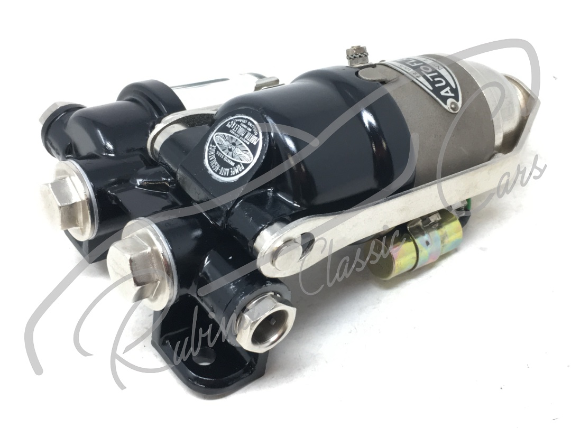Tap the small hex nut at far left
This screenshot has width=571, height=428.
(x=51, y=111)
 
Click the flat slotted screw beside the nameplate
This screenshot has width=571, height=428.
(x=367, y=74)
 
